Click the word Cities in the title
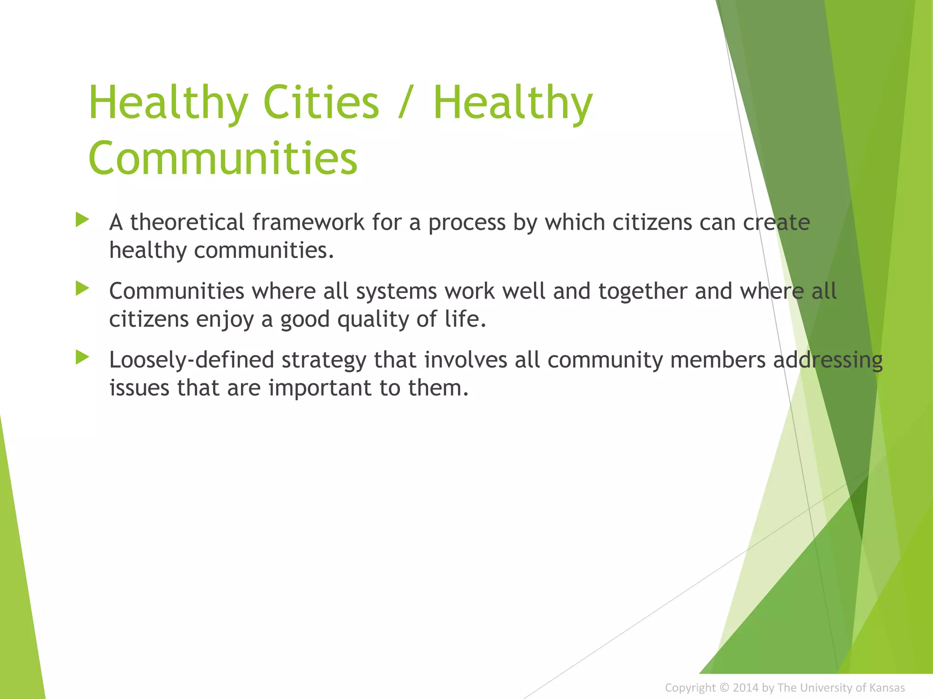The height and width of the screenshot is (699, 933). [x=321, y=103]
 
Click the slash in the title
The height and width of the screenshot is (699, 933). [x=406, y=103]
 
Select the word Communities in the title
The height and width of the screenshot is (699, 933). [x=223, y=158]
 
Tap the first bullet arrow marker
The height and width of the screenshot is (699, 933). [x=82, y=220]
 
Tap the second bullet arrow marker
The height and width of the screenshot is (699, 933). [x=82, y=289]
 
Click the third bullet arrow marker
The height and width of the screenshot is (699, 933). [x=82, y=357]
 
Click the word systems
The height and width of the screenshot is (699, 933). [x=396, y=292]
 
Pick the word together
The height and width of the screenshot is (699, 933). [x=643, y=292]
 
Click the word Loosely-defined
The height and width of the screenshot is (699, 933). [x=191, y=360]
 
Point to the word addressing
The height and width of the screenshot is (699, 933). [x=828, y=360]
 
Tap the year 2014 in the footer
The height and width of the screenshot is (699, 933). [x=745, y=688]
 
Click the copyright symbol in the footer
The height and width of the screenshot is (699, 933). [x=724, y=688]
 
